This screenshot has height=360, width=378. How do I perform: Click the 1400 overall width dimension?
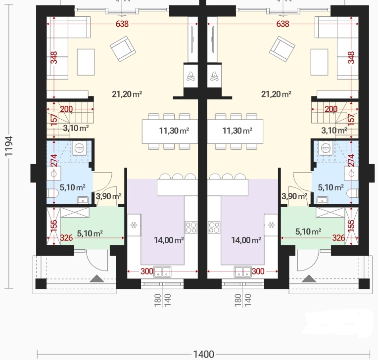coord(204,354)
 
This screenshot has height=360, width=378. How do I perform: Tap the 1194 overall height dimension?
coord(9,146)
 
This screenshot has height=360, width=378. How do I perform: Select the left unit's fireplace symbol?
coord(191,76)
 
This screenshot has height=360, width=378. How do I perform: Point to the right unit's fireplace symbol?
coord(214,76)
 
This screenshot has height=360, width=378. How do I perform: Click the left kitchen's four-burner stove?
coord(191,227)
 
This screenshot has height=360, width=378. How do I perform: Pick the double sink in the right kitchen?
coord(243,271)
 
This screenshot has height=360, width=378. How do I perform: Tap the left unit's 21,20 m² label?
coord(127,94)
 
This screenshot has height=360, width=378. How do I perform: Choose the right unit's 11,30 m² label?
coord(237,131)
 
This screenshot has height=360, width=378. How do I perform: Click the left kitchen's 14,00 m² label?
coord(169,240)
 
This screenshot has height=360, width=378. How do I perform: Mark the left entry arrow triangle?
coord(97,278)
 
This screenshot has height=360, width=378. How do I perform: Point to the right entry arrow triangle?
coord(309,278)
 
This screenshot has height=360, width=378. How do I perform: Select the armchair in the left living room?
coord(123,49)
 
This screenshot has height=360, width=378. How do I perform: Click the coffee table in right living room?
coord(319,62)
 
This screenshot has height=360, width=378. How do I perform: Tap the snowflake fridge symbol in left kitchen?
coord(134,225)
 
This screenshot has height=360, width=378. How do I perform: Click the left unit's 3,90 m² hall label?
coord(109,196)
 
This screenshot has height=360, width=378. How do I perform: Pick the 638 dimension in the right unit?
coord(283,24)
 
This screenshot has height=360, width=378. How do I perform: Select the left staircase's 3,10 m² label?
coord(76,128)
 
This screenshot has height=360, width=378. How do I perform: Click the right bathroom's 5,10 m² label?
coord(331,187)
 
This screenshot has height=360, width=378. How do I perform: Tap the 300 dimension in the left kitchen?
coord(147,271)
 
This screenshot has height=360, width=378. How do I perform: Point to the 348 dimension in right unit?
coord(351,57)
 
